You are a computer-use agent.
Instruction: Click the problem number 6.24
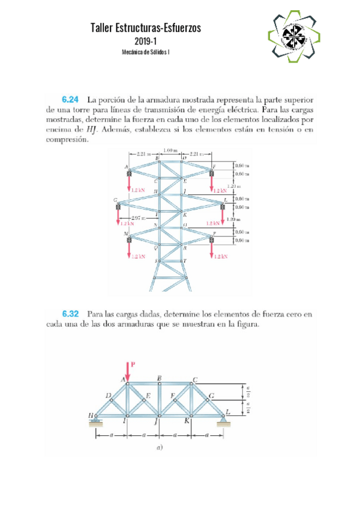[71, 99]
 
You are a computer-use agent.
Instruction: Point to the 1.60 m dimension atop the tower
[171, 150]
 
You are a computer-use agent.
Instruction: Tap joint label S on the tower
[156, 261]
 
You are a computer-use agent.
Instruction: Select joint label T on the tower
[185, 261]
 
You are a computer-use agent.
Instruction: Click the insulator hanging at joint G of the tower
[118, 207]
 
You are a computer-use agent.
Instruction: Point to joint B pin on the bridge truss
[159, 384]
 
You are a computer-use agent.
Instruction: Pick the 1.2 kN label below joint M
[137, 256]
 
